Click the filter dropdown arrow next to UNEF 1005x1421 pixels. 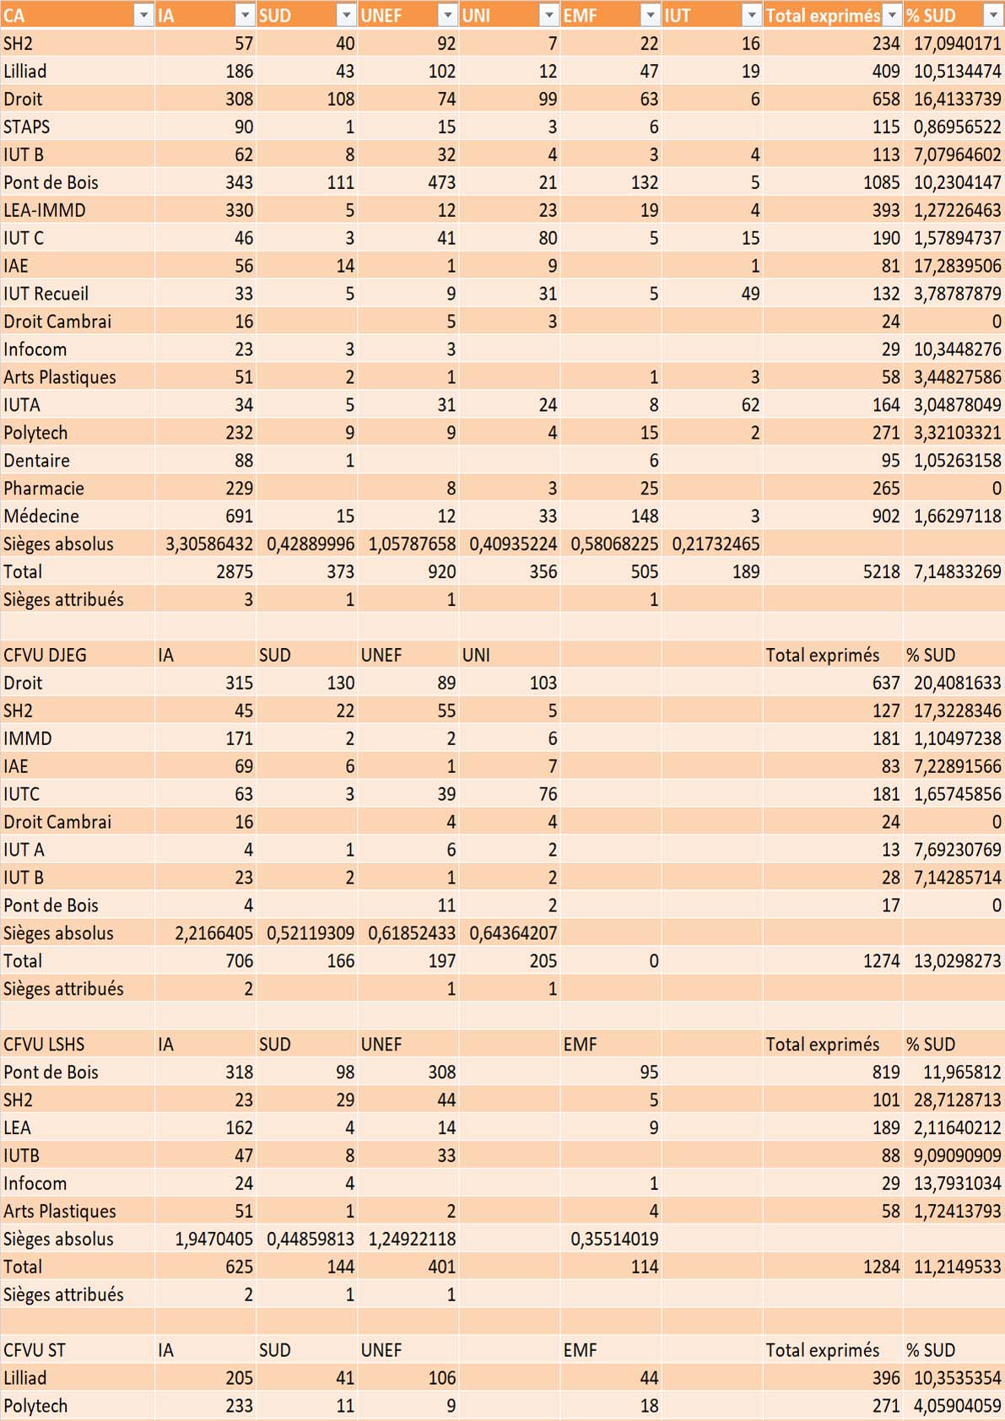447,15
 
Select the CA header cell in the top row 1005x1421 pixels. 15,15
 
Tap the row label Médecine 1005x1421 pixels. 41,516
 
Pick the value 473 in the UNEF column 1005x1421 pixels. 440,182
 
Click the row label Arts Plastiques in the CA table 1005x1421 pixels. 60,377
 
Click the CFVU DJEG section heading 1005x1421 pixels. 45,655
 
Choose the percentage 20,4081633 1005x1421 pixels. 957,683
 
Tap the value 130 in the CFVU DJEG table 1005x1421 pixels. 340,683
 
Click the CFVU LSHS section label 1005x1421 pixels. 44,1044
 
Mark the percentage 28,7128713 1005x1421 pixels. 957,1100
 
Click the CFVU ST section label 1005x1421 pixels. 35,1350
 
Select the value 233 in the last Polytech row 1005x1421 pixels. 239,1406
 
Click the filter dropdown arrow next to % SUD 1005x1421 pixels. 993,15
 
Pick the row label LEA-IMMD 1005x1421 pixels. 45,210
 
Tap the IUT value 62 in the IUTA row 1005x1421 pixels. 750,405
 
